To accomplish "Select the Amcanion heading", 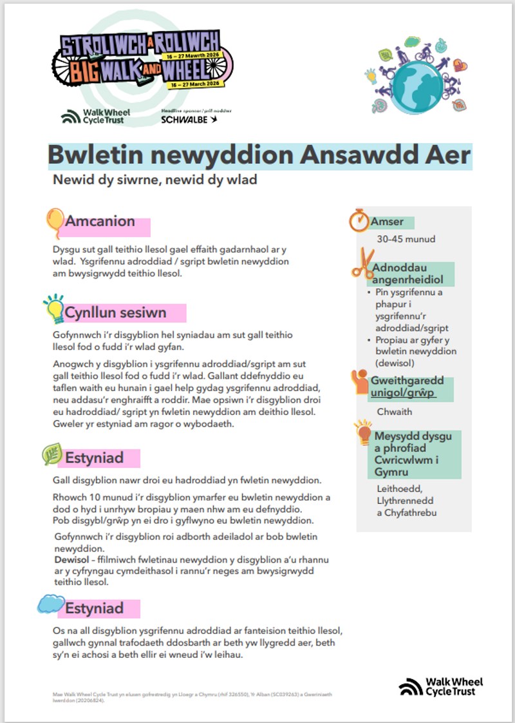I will click(x=100, y=222).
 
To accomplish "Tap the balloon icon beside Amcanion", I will click(x=54, y=222).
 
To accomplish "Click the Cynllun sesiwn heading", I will click(x=115, y=313).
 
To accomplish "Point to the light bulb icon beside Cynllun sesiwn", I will click(x=53, y=308).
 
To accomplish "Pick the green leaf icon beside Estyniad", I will click(x=51, y=454).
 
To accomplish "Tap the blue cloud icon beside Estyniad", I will click(x=50, y=604).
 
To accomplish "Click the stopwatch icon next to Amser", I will click(x=359, y=220).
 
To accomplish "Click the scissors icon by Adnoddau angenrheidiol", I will click(x=361, y=264).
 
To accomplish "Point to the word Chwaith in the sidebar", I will click(x=395, y=412).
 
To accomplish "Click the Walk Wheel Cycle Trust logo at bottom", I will click(x=440, y=686).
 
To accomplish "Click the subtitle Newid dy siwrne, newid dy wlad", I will click(x=155, y=180).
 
